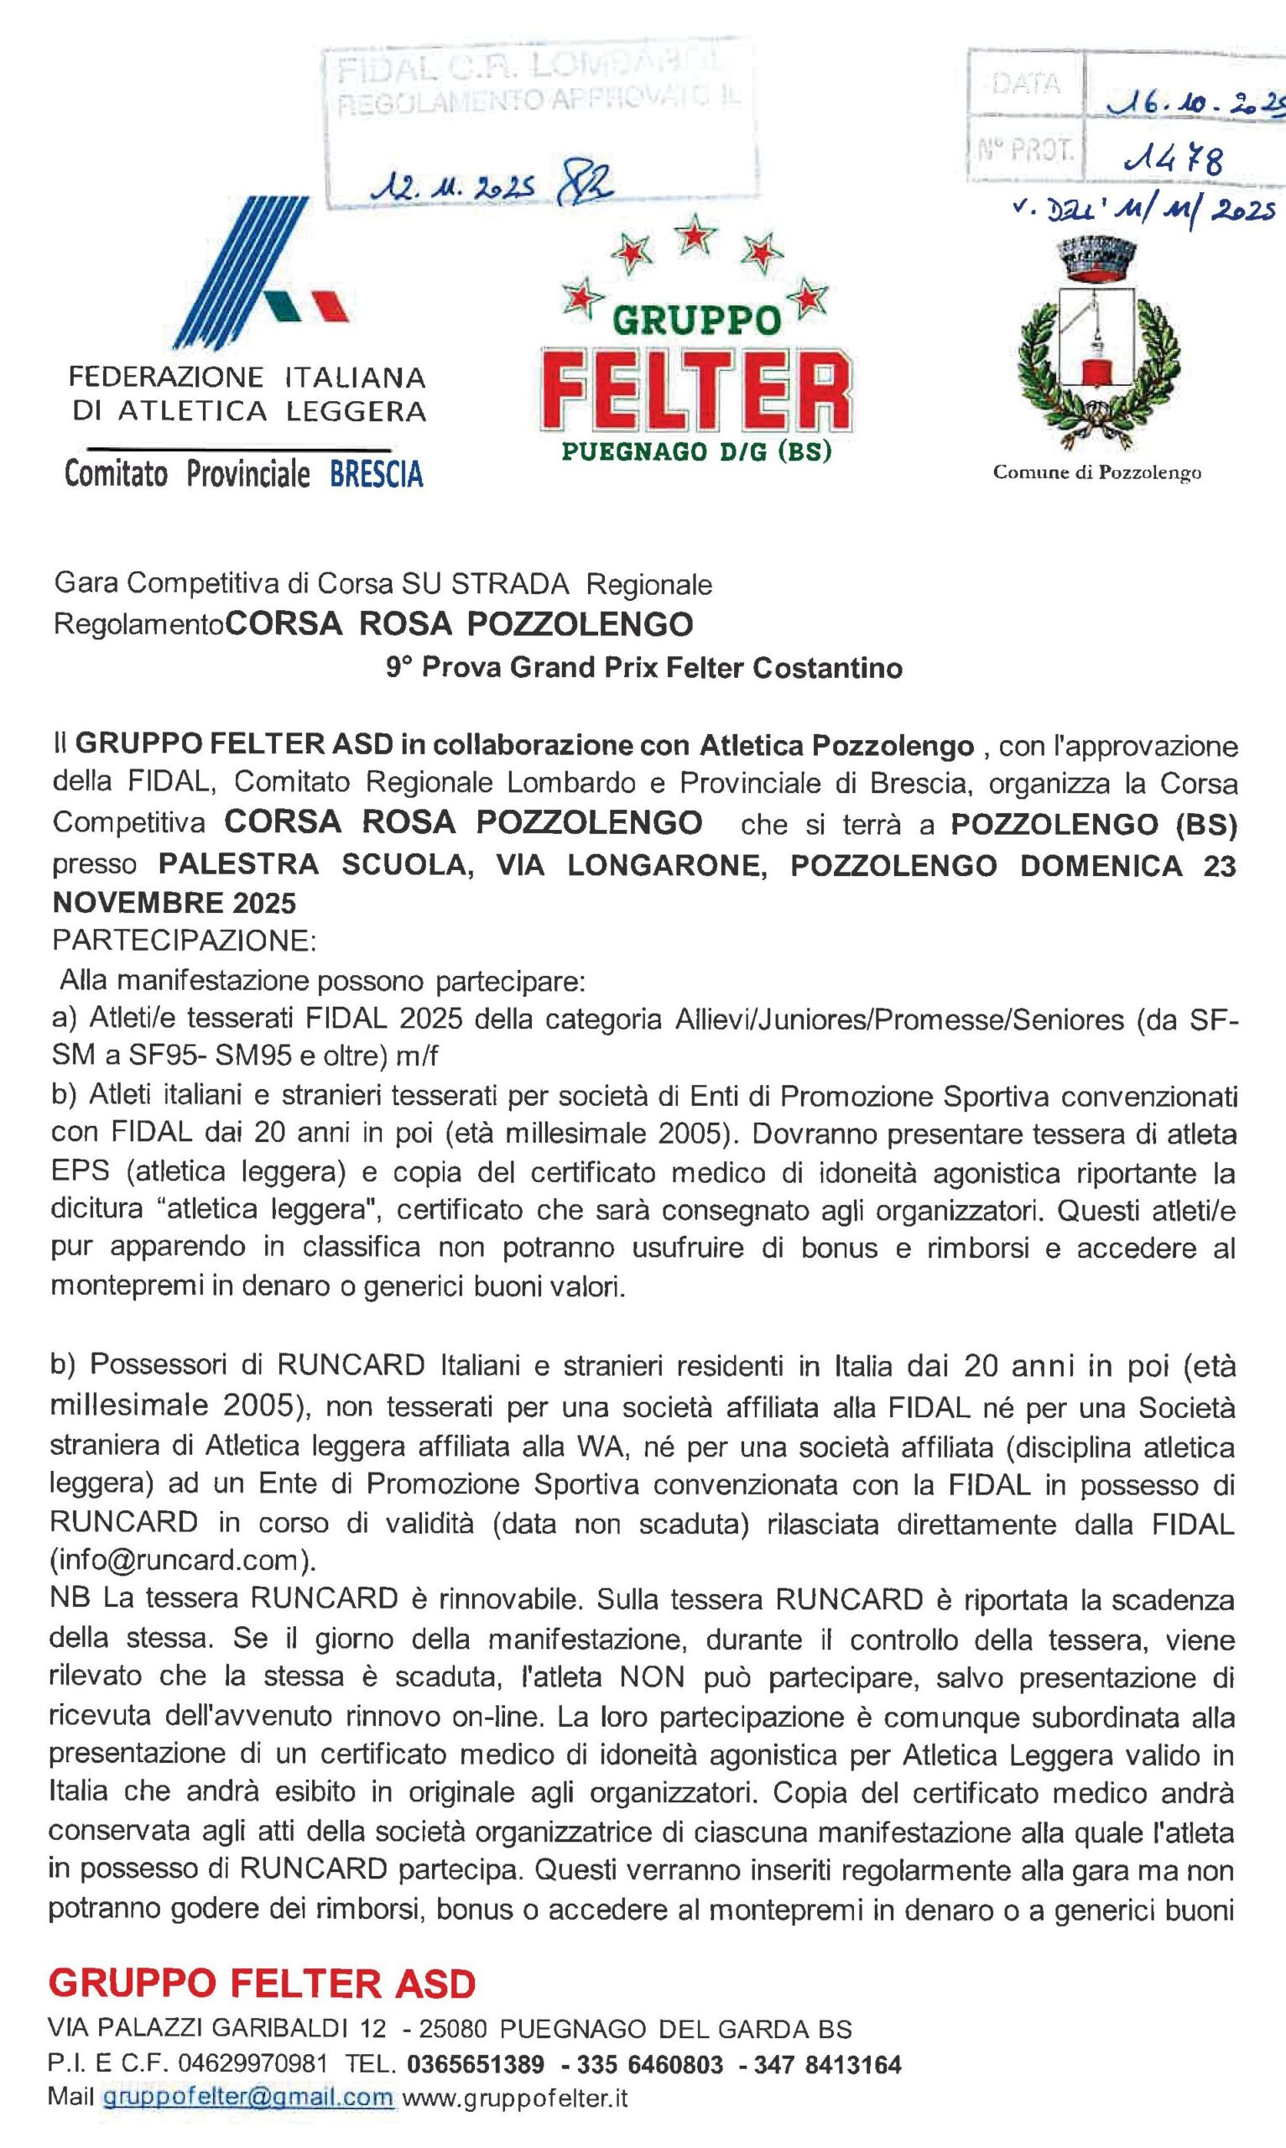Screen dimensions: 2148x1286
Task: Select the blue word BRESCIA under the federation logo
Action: tap(376, 475)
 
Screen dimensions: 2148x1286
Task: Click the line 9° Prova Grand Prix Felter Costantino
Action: tap(644, 668)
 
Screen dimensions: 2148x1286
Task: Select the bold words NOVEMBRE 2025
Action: tap(174, 904)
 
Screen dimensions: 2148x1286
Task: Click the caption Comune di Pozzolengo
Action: tap(1096, 473)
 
